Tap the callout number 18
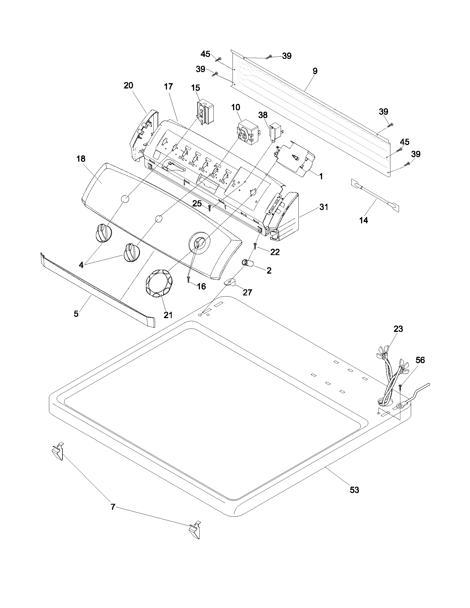pos(81,159)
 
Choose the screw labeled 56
pos(400,387)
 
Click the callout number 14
pos(364,220)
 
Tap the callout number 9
pos(315,71)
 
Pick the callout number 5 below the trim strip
pos(76,314)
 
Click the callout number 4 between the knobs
pos(81,265)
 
